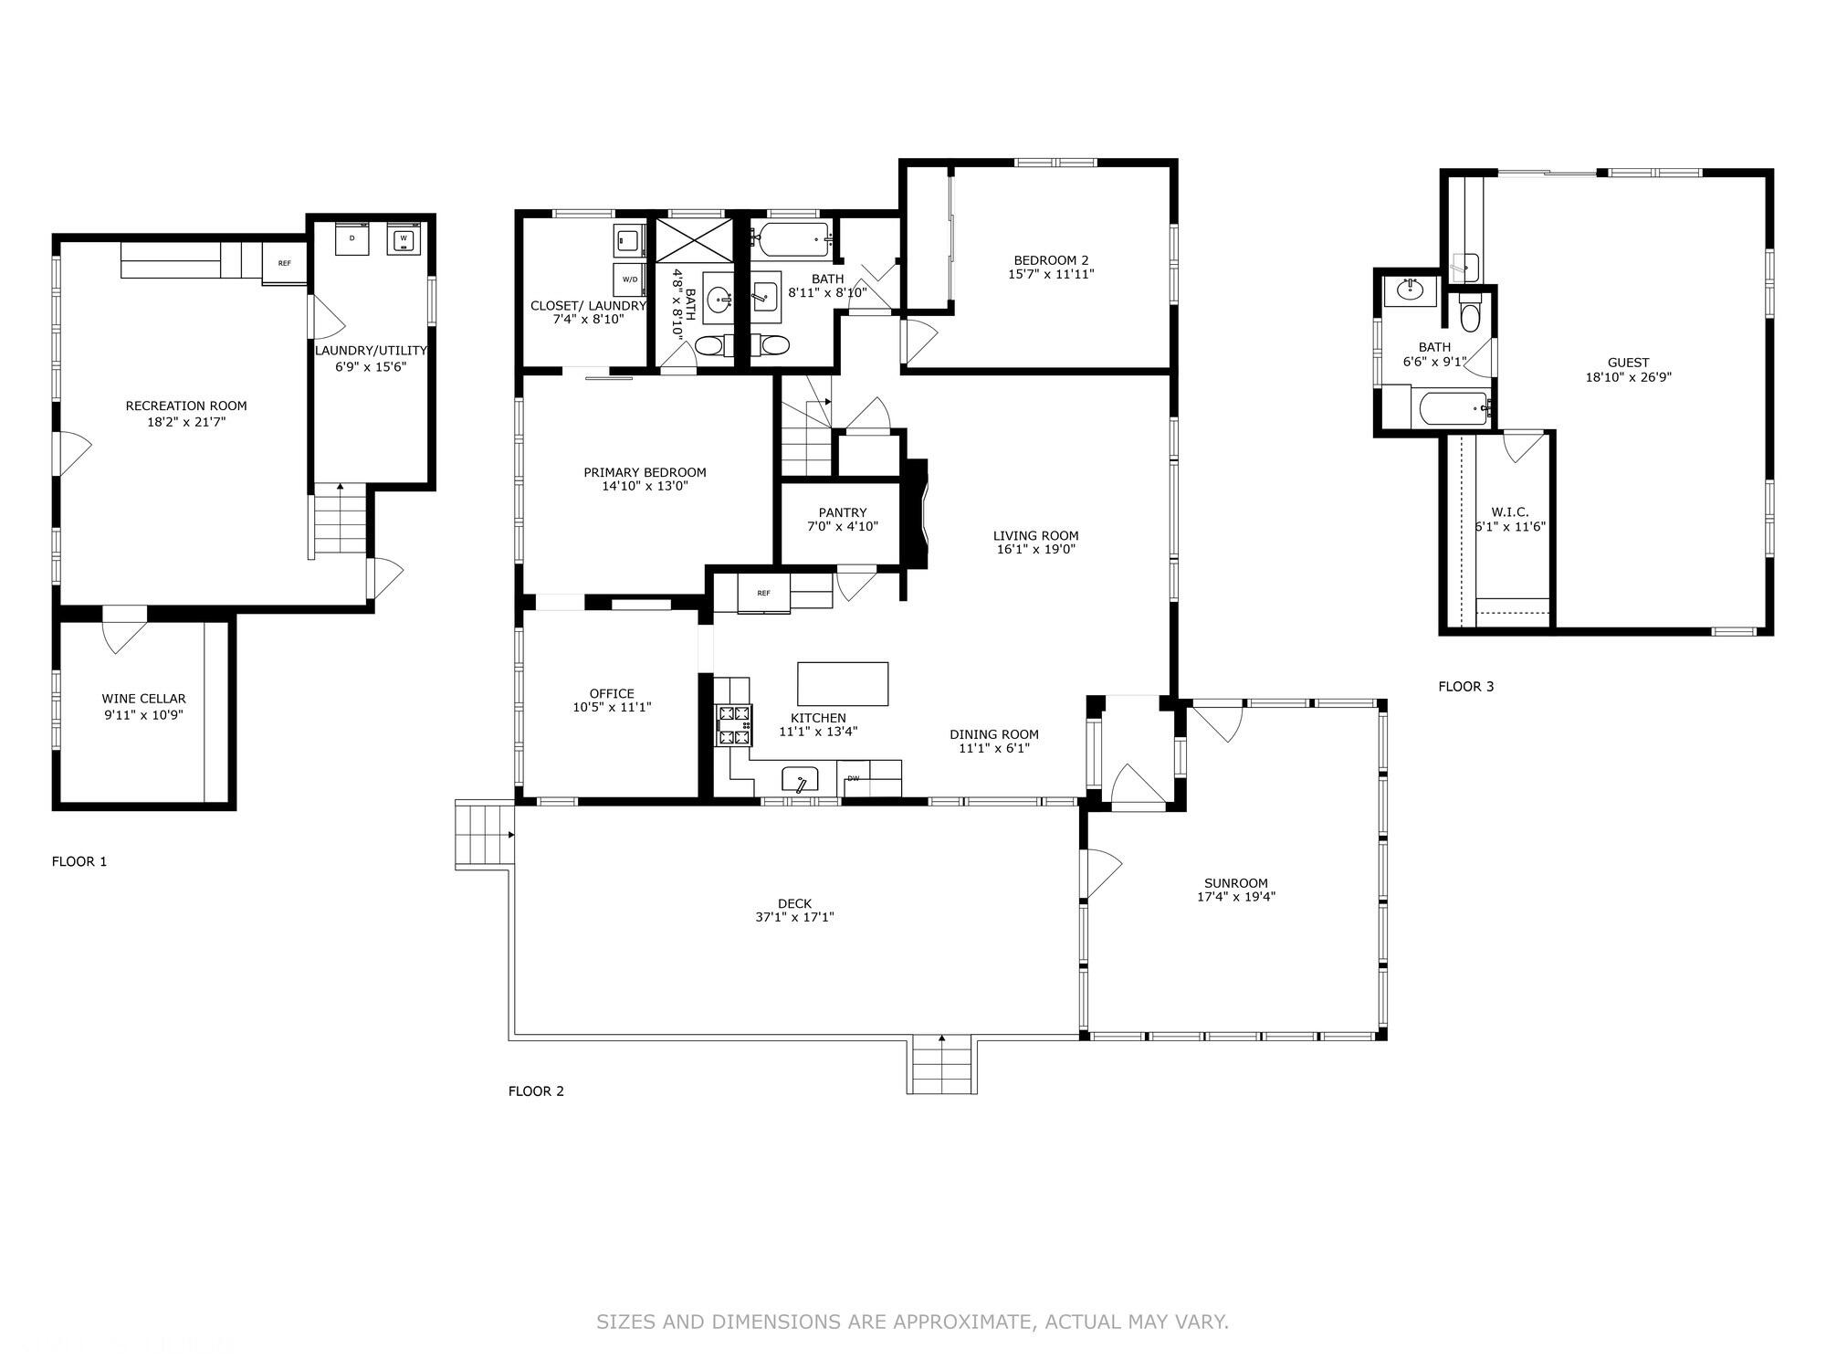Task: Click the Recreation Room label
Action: pos(186,406)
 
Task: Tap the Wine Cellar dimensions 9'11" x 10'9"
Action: pos(143,715)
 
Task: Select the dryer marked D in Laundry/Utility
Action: pos(352,239)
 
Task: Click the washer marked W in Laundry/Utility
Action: pos(403,239)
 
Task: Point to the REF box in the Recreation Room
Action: pos(285,263)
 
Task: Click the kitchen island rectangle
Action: pos(843,684)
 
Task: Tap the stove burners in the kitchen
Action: pos(734,725)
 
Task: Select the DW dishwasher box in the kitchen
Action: pos(854,778)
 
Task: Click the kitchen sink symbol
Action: pos(800,782)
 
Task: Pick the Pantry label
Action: pos(843,512)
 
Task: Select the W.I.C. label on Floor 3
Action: pos(1510,512)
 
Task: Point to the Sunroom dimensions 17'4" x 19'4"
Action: pos(1236,897)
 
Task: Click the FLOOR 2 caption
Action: pos(536,1091)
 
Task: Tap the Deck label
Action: pos(794,903)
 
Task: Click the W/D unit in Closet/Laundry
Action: pos(630,279)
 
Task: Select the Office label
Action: pos(612,693)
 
